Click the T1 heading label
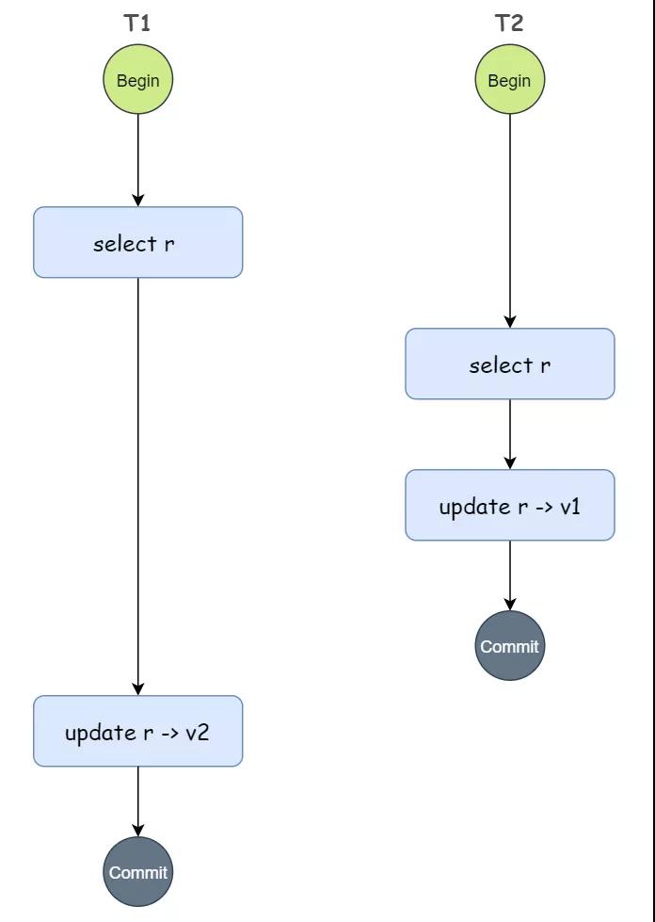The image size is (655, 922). point(137,23)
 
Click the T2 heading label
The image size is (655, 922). point(509,23)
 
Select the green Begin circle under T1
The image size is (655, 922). point(138,79)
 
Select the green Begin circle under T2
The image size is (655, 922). point(510,79)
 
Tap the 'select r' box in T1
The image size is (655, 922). point(138,242)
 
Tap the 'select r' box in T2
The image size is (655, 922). point(510,364)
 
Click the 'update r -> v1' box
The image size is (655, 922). point(510,505)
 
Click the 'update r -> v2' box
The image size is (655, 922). point(138,731)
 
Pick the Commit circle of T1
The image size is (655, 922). point(138,871)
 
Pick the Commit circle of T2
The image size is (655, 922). point(510,646)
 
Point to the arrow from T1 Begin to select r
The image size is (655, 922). point(138,160)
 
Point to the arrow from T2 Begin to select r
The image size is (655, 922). point(510,221)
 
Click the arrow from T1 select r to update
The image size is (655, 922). point(138,487)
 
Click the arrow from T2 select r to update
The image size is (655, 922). point(510,434)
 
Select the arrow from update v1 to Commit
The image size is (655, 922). point(510,575)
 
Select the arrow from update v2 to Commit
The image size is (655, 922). point(138,801)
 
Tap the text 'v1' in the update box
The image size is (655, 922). point(569,506)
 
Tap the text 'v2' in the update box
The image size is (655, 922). point(198,732)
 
